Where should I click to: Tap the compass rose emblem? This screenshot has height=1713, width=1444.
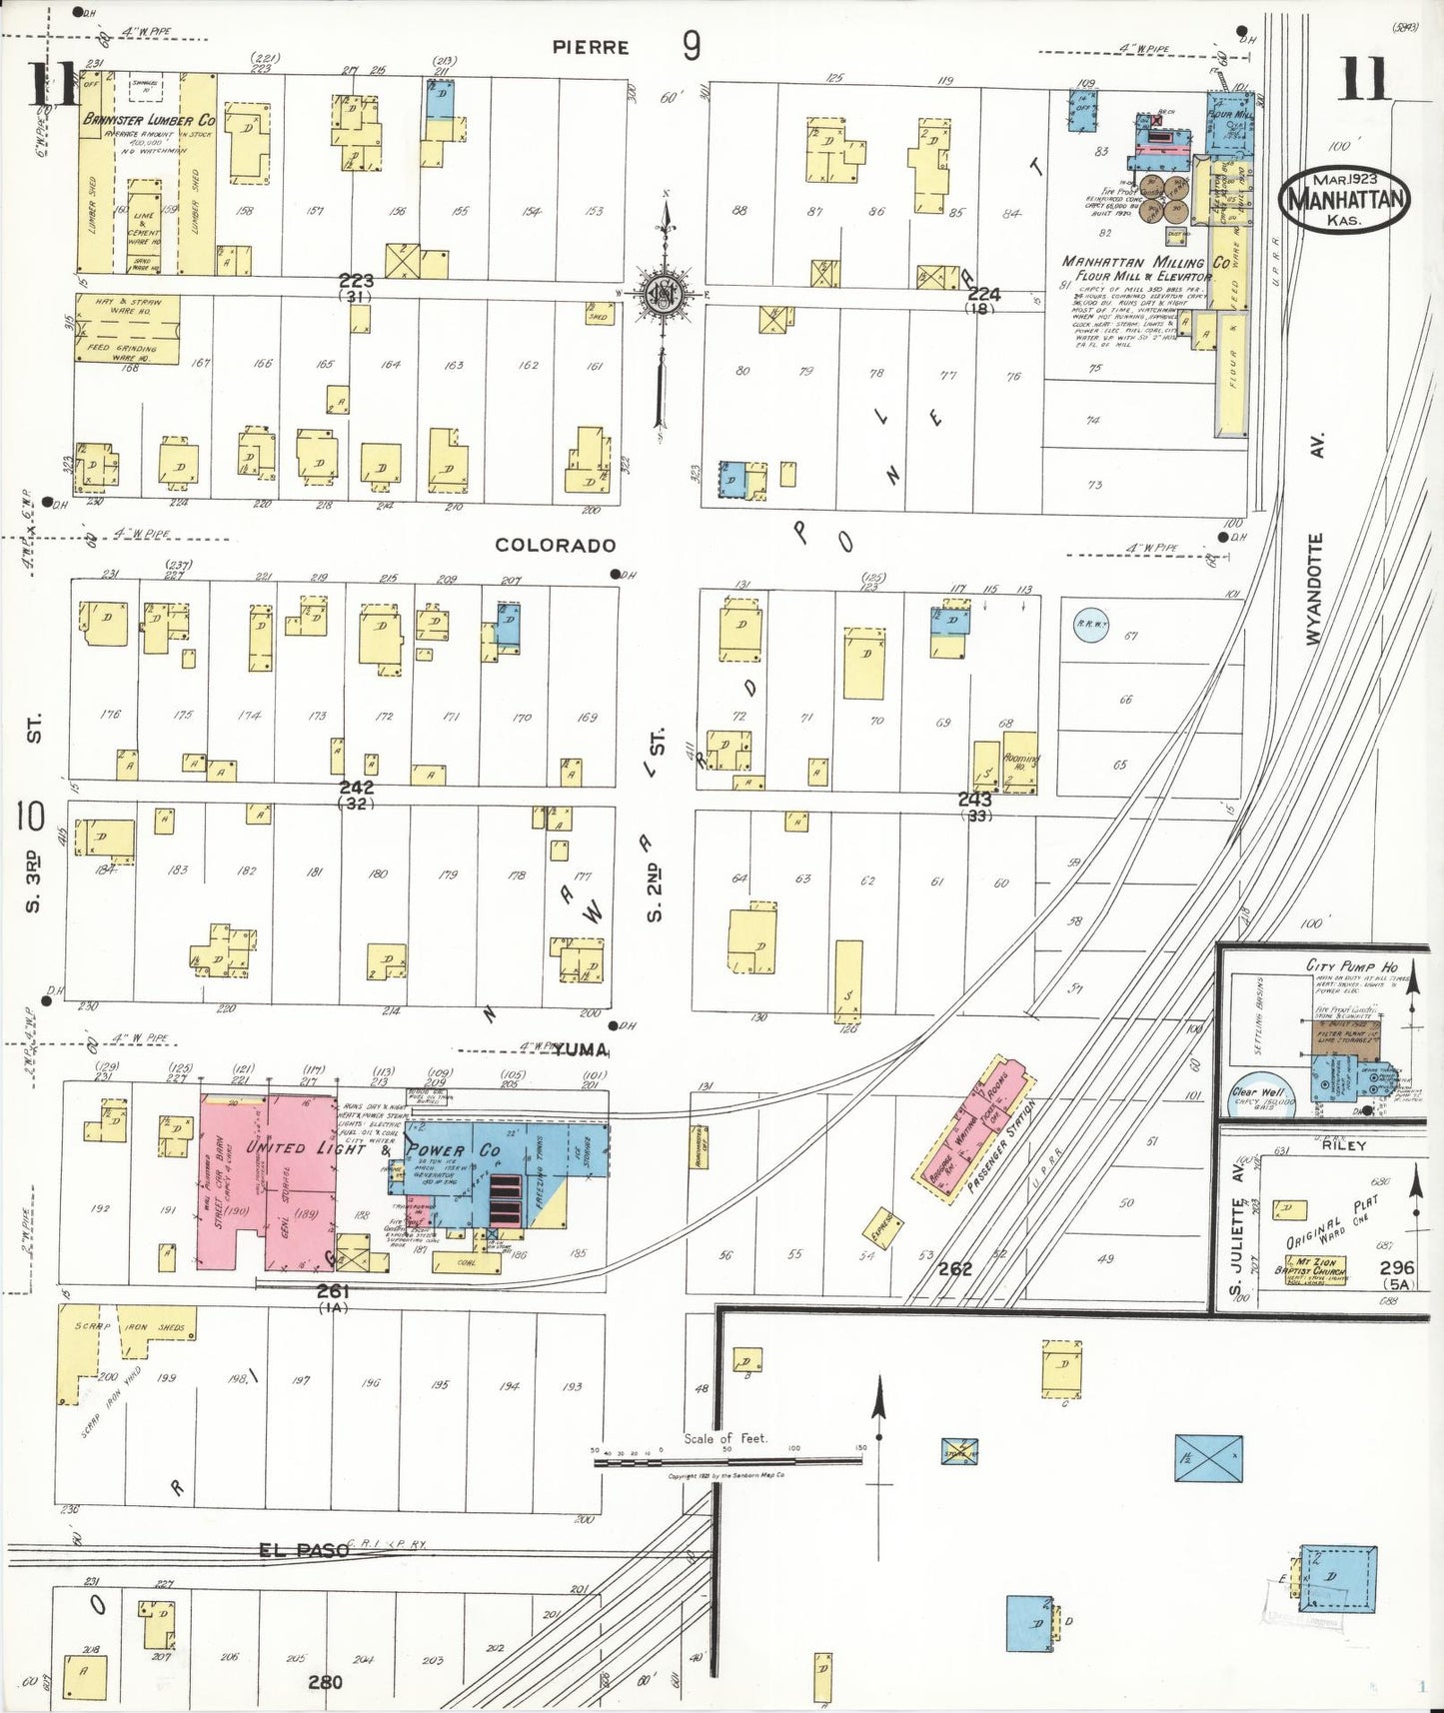(662, 292)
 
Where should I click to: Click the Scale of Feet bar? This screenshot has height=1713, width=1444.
(727, 1460)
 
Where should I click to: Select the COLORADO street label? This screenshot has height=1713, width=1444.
(556, 546)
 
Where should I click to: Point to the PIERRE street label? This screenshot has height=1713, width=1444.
(593, 47)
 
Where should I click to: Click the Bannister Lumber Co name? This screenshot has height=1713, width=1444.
(148, 119)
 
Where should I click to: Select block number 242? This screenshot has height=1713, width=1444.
(357, 788)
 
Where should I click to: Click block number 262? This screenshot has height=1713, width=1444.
(955, 1269)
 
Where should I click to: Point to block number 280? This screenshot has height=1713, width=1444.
(325, 1682)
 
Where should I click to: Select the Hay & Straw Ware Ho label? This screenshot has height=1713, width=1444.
(128, 305)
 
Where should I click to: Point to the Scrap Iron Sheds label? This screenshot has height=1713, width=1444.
(129, 1328)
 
